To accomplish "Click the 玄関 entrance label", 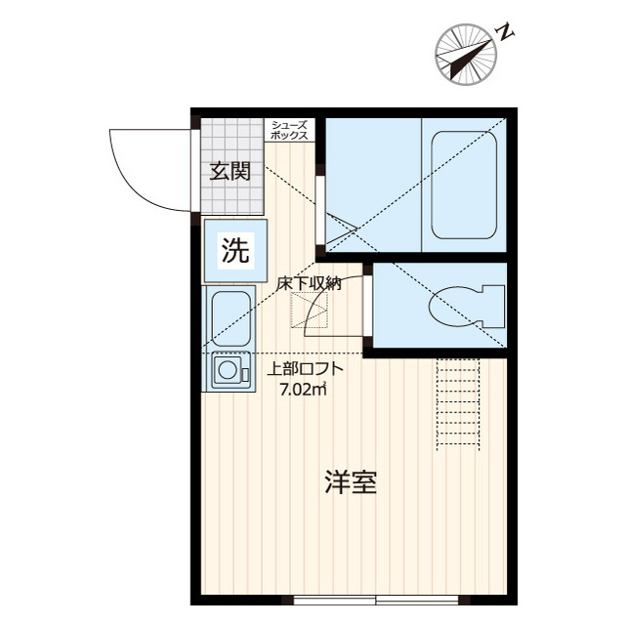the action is click(230, 172).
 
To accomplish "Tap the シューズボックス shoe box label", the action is click(289, 130).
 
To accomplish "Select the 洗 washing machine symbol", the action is click(235, 251).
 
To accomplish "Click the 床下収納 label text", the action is click(310, 283).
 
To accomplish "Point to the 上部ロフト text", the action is click(305, 369).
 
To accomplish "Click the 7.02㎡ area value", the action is click(304, 390).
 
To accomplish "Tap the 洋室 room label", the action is click(351, 481).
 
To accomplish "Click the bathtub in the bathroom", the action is click(465, 185).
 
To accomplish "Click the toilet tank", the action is click(493, 306).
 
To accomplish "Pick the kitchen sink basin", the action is click(231, 318).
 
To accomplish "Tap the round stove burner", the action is click(228, 370).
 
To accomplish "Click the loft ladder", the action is click(458, 404).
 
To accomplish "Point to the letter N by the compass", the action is click(506, 31).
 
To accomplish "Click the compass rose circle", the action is click(466, 55).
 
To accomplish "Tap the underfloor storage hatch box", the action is click(310, 311).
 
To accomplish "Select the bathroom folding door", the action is click(337, 229).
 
